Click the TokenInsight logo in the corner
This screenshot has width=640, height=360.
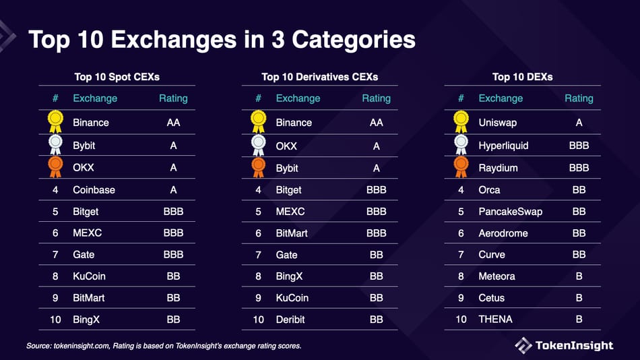coord(564,345)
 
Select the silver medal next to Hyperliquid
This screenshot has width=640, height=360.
coord(461,144)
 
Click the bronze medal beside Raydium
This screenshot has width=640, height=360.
coord(461,167)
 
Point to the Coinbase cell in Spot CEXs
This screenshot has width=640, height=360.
coord(94,190)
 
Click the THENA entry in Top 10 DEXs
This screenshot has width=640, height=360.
coord(495,319)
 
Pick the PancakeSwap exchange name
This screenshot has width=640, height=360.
coord(510,212)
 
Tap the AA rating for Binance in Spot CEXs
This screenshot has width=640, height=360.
coord(174,123)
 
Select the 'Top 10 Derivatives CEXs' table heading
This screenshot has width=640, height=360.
coord(320,77)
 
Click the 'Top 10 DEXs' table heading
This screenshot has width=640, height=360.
coord(522,77)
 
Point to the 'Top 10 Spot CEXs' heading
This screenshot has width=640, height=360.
coord(117,77)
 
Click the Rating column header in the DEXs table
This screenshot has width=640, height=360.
coord(579,98)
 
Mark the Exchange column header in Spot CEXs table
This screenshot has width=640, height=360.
coord(95,98)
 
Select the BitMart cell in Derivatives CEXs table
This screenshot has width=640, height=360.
coord(292,233)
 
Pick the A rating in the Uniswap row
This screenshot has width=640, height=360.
coord(579,123)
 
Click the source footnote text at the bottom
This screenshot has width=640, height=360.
coord(164,346)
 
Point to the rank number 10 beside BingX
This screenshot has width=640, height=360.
coord(55,319)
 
